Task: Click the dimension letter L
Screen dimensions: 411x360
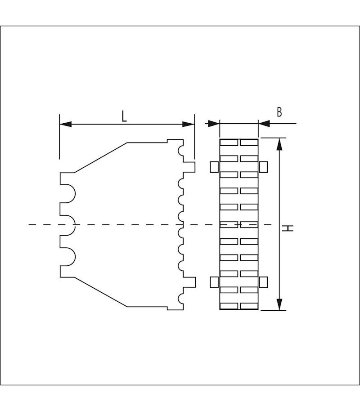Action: pyautogui.click(x=124, y=116)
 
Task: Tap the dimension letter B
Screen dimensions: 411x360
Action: pyautogui.click(x=279, y=112)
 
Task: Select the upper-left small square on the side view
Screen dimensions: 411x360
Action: pyautogui.click(x=214, y=167)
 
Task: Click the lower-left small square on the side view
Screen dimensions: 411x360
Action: pyautogui.click(x=214, y=282)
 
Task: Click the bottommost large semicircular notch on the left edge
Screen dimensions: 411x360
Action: pyautogui.click(x=67, y=256)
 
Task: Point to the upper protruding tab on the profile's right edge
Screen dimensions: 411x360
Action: pyautogui.click(x=190, y=167)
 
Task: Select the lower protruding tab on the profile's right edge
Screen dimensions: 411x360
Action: pyautogui.click(x=191, y=282)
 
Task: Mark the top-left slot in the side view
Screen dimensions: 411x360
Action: pyautogui.click(x=229, y=143)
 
